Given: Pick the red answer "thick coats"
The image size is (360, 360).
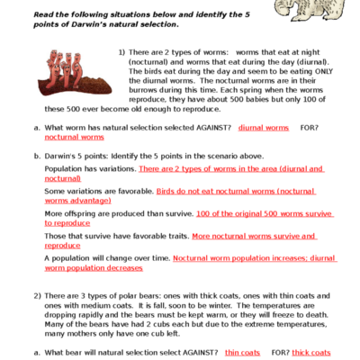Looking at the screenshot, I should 311,352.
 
